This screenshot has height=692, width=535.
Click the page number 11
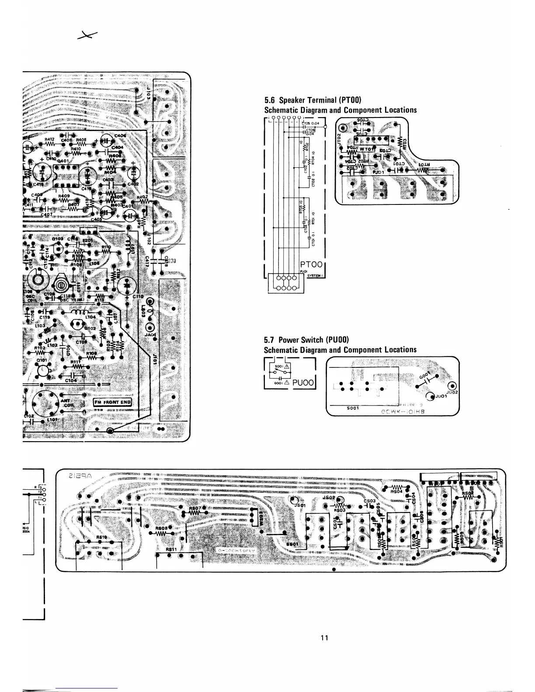click(324, 637)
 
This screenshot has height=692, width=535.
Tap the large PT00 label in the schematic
click(312, 264)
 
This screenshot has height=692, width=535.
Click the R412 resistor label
click(49, 140)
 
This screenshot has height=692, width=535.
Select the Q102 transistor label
click(90, 328)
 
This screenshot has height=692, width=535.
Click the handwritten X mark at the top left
click(87, 37)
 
